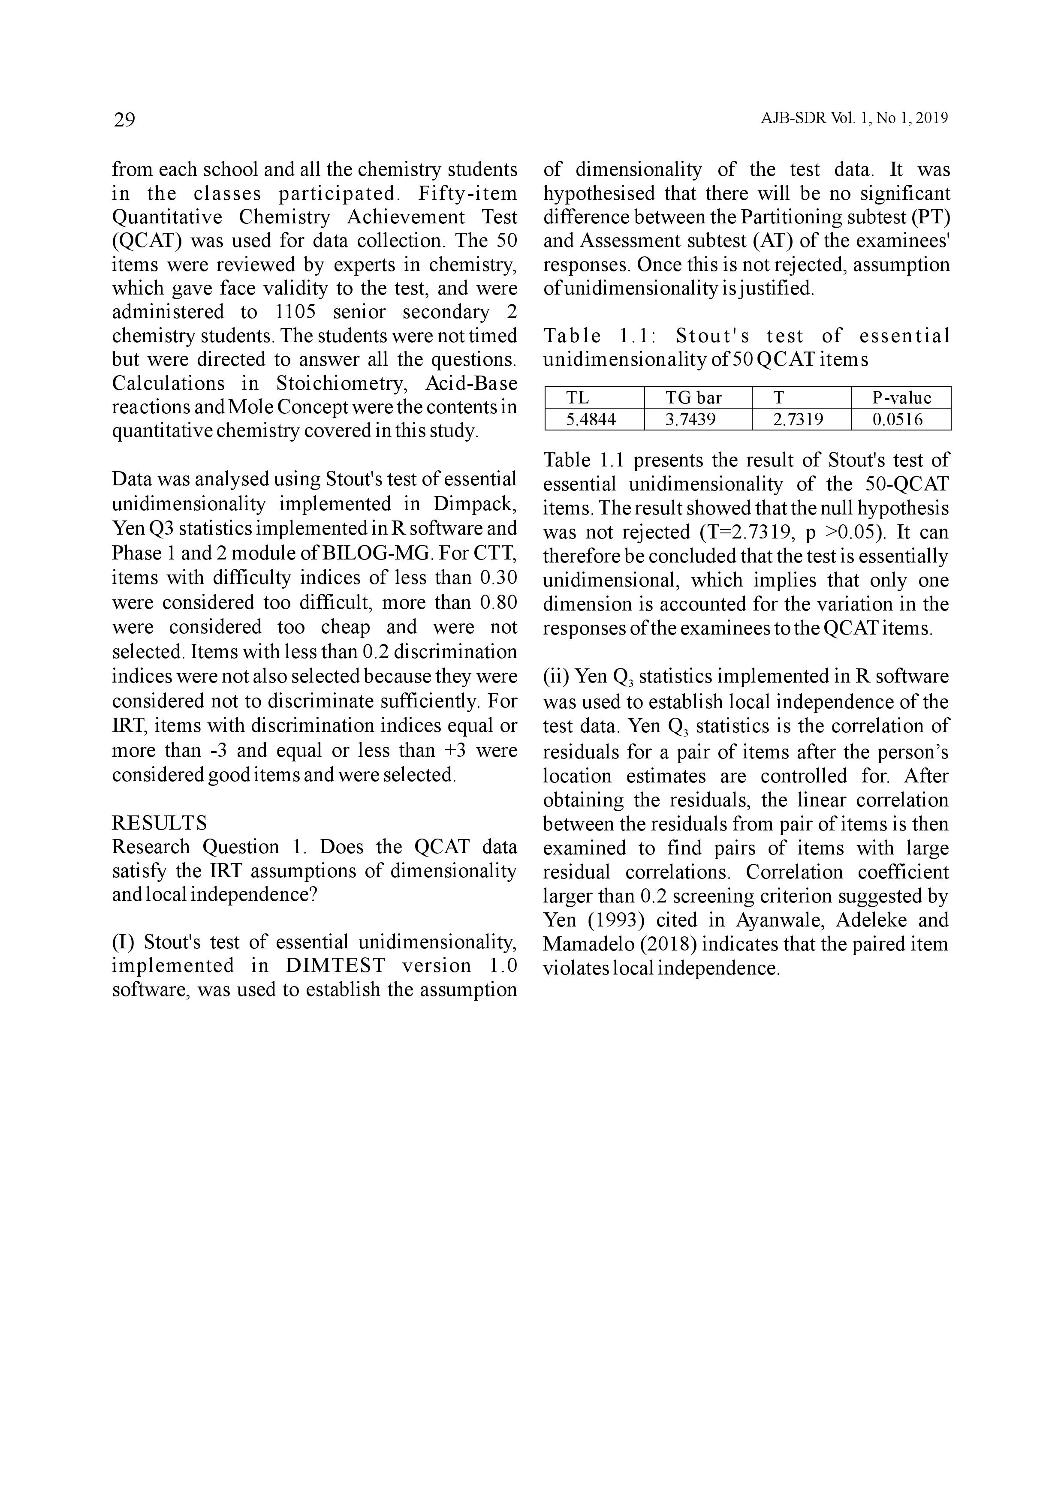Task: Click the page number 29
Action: (x=124, y=120)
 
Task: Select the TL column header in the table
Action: (x=577, y=397)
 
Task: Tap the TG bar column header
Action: (x=693, y=397)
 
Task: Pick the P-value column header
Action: (x=901, y=397)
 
